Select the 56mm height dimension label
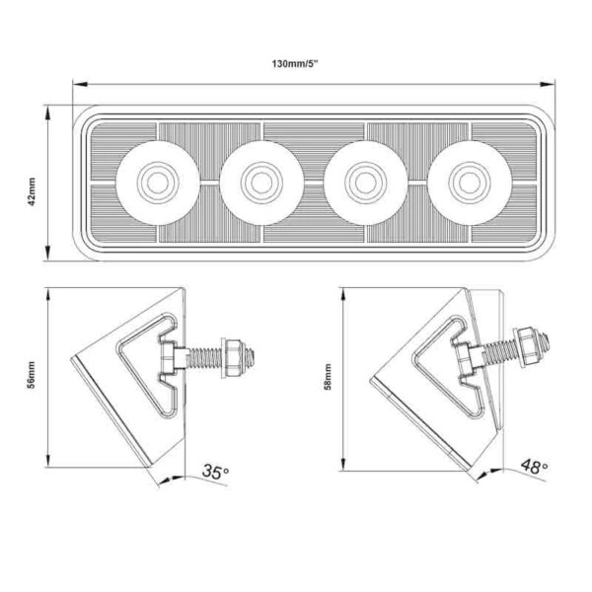pos(33,379)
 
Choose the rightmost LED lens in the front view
pos(466,182)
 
